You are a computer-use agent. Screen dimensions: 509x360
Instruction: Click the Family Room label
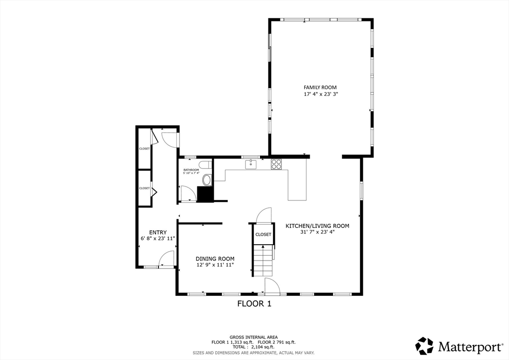pyautogui.click(x=320, y=88)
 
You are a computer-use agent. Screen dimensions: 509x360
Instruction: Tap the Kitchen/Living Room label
pyautogui.click(x=317, y=226)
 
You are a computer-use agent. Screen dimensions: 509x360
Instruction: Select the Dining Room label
pyautogui.click(x=215, y=259)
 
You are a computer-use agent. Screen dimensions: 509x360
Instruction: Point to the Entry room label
pyautogui.click(x=158, y=232)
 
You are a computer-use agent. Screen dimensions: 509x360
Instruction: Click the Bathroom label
pyautogui.click(x=191, y=170)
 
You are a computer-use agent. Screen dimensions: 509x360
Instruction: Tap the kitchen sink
pyautogui.click(x=251, y=165)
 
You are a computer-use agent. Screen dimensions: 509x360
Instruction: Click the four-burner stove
pyautogui.click(x=276, y=164)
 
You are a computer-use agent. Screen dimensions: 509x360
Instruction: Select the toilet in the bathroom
pyautogui.click(x=204, y=165)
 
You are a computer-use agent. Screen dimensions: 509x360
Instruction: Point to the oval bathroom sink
pyautogui.click(x=207, y=180)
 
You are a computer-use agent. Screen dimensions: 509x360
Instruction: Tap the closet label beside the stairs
pyautogui.click(x=263, y=234)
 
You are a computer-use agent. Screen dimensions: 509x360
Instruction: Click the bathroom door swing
pyautogui.click(x=187, y=194)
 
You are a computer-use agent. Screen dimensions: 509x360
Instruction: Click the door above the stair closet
pyautogui.click(x=263, y=215)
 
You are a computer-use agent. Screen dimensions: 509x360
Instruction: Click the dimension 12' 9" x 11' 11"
pyautogui.click(x=215, y=265)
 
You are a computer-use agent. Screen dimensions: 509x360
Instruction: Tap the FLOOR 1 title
pyautogui.click(x=254, y=304)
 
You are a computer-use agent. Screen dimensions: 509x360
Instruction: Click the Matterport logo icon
pyautogui.click(x=424, y=346)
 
